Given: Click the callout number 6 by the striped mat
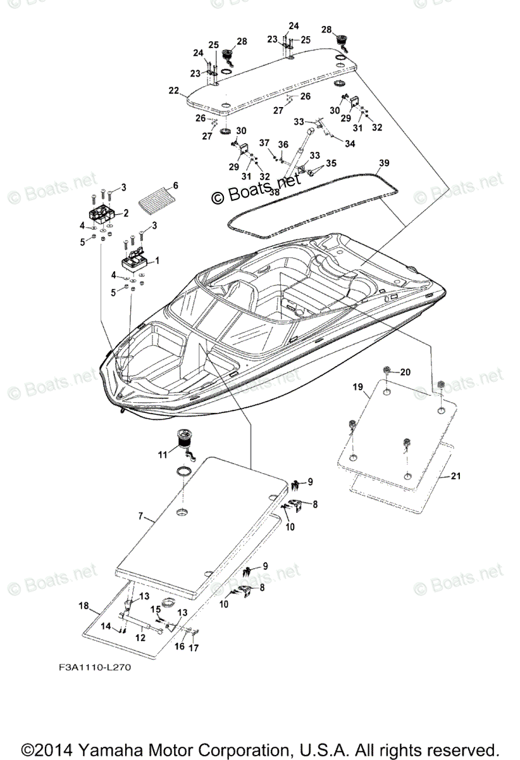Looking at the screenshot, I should [x=175, y=186].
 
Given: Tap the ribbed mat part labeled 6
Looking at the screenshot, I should [x=156, y=198].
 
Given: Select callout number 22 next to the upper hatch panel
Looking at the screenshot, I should [x=174, y=91].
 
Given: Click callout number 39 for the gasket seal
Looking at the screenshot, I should [x=383, y=163].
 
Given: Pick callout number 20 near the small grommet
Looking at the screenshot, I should [x=405, y=372].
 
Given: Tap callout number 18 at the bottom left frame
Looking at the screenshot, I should [x=84, y=606].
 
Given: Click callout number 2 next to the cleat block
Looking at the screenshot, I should [x=125, y=213].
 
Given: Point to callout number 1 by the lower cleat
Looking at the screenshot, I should [x=157, y=260].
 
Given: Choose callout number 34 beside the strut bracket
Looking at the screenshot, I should [x=350, y=144].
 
